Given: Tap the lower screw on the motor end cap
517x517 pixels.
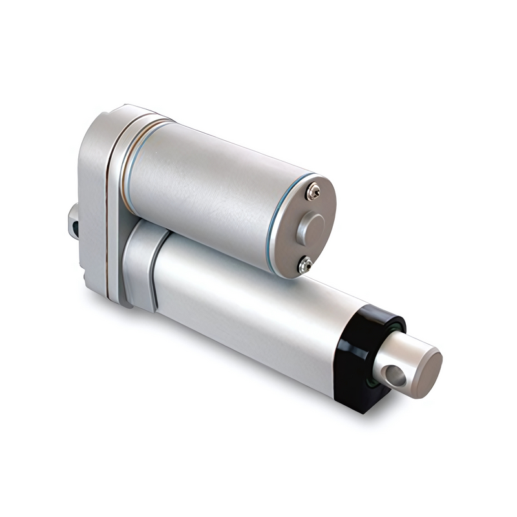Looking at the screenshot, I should (306, 263).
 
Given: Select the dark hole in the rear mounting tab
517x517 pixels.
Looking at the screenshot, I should (76, 227).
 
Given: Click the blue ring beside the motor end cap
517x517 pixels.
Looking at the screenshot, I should (278, 213).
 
